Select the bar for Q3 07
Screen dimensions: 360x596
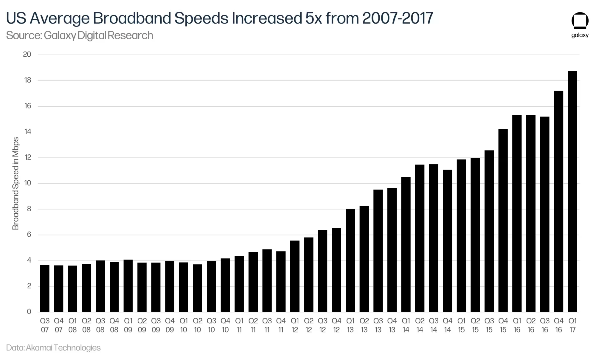[45, 288]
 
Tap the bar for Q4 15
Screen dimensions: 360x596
[503, 220]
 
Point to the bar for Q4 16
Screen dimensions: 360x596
[558, 201]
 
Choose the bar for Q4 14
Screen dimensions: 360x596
[447, 241]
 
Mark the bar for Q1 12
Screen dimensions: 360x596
[295, 276]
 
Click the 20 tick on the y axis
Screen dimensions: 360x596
[27, 54]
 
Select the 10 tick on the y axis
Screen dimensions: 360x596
[28, 183]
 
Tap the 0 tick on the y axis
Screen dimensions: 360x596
[29, 311]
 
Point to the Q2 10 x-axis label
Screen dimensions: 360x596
[198, 325]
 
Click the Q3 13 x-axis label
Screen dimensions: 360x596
[378, 325]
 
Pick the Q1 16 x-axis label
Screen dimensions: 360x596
[517, 325]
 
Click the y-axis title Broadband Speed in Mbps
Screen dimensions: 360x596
[15, 183]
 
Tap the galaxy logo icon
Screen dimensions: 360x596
[580, 21]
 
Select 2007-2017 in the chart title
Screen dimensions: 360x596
[398, 18]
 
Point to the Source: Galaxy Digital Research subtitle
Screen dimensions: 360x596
[80, 35]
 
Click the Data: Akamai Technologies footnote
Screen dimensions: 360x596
[53, 347]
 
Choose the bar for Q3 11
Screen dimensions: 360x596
[267, 280]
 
